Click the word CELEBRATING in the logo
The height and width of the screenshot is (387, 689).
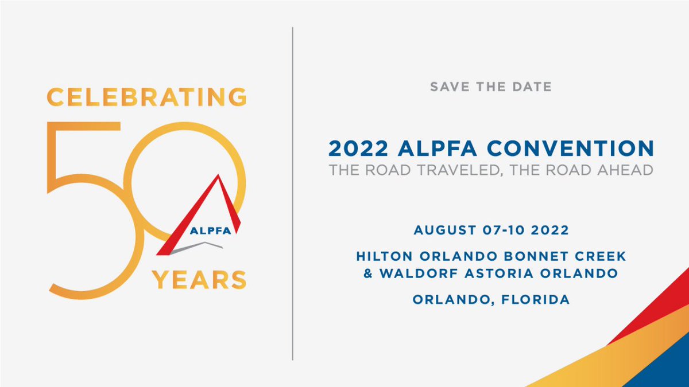[x=146, y=96]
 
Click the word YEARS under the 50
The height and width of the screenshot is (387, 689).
[x=199, y=279]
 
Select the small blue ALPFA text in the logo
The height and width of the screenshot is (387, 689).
[x=210, y=232]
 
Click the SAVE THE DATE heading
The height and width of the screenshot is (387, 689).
[x=490, y=87]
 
